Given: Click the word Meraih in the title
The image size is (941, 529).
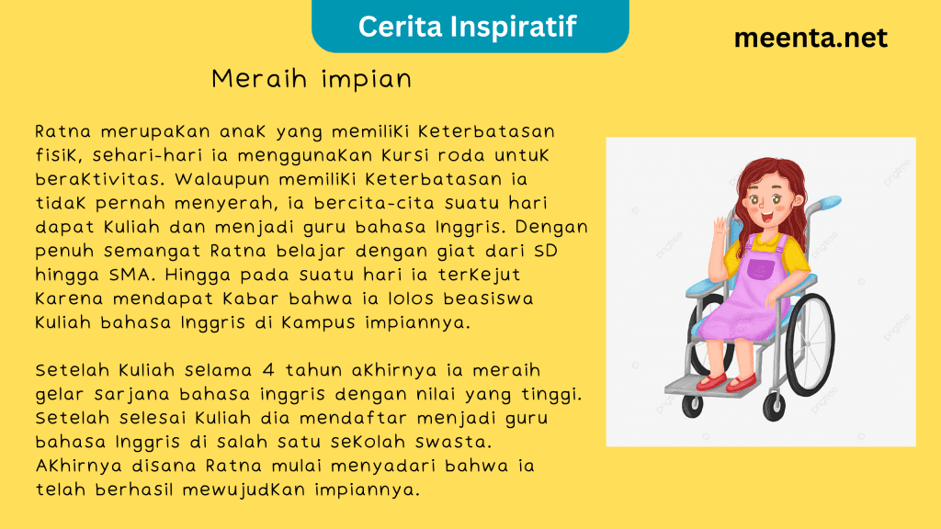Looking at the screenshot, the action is click(x=260, y=79).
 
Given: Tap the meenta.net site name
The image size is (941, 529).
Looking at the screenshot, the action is click(x=811, y=38).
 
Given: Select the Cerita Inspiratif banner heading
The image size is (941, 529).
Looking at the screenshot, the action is click(x=468, y=27).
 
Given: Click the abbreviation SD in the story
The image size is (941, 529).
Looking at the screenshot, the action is click(x=546, y=251).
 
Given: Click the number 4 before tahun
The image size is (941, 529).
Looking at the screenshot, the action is click(x=268, y=369).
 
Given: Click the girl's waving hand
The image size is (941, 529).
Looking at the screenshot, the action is click(x=720, y=229).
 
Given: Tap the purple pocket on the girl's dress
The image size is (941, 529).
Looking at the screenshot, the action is click(x=760, y=269).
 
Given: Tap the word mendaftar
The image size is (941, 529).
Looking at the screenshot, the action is click(x=354, y=418).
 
